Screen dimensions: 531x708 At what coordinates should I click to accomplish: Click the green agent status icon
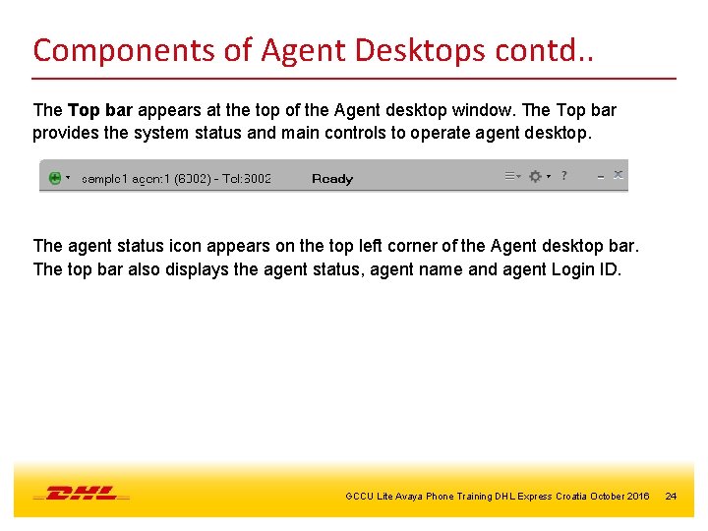click(55, 178)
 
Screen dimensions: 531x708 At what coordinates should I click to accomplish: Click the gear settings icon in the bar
click(535, 176)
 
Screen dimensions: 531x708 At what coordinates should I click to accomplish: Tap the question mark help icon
click(563, 175)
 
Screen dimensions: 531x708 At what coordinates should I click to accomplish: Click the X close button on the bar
click(619, 175)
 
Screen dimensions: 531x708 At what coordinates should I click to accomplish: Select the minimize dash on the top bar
click(600, 176)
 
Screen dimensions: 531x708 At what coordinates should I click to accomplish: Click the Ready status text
click(331, 178)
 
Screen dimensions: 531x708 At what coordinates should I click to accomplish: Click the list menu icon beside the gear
click(511, 176)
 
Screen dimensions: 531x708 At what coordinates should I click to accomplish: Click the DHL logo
click(82, 493)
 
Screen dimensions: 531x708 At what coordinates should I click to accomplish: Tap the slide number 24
click(671, 496)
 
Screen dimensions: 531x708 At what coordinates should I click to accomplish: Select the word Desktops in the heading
click(403, 49)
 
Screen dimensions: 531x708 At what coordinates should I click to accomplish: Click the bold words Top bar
click(97, 110)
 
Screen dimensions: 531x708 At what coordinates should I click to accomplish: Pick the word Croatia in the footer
click(571, 496)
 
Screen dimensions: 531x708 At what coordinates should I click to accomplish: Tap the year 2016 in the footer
click(636, 496)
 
